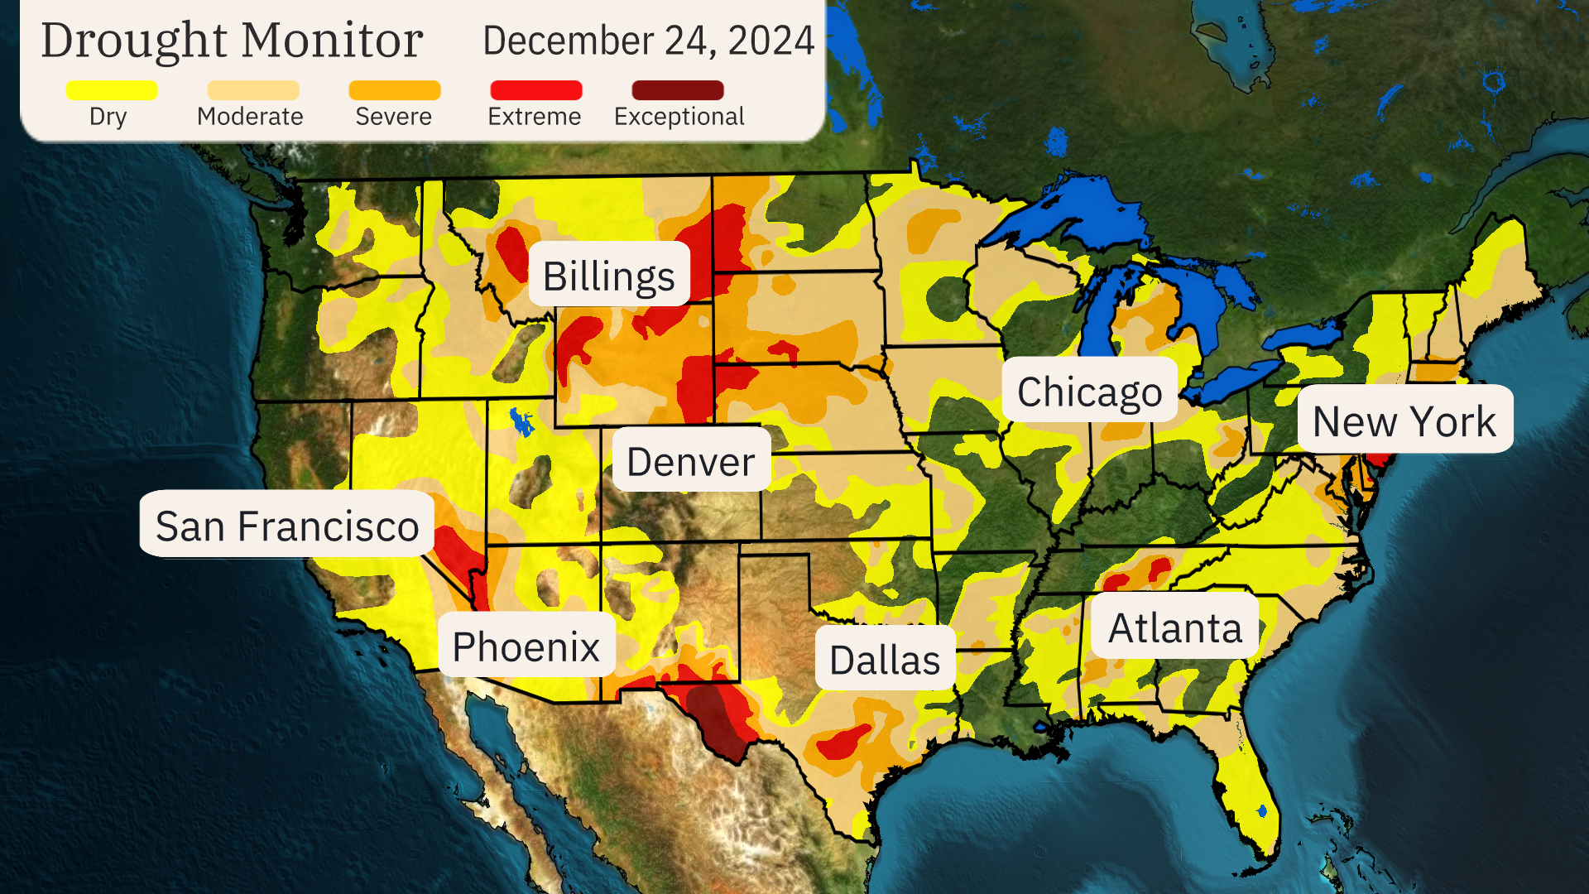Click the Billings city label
(609, 275)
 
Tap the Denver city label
(691, 460)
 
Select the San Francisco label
(287, 525)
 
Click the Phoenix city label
(526, 646)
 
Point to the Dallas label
(885, 659)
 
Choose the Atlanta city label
(1175, 627)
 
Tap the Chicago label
(1089, 391)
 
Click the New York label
(1404, 421)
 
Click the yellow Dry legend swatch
(112, 90)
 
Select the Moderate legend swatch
(252, 90)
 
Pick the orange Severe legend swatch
(395, 90)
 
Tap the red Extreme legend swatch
(536, 90)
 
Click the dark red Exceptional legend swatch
(678, 90)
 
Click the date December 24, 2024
(648, 41)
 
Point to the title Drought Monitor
(232, 40)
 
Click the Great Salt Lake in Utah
(521, 422)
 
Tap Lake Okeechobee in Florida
(1262, 810)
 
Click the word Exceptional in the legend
(679, 117)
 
